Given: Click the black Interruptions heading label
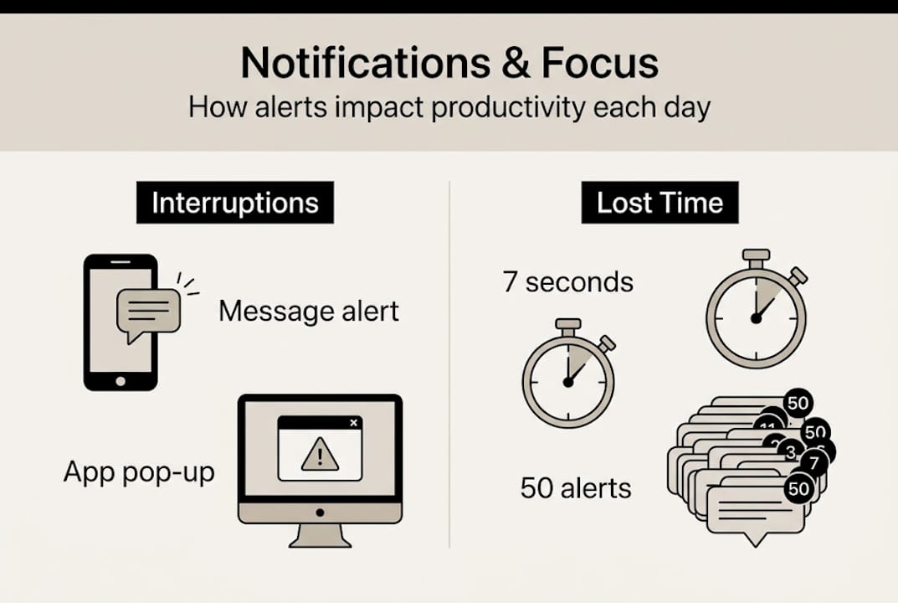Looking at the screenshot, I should click(x=235, y=204).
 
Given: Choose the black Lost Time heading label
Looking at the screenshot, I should click(x=659, y=204).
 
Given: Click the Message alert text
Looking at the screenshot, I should click(x=309, y=312).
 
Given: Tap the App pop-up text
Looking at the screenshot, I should click(x=139, y=472).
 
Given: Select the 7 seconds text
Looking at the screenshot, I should click(x=568, y=281).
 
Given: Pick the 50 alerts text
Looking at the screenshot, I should click(x=576, y=487).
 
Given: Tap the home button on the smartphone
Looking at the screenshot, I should click(x=121, y=380).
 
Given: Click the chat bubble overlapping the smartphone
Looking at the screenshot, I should click(x=149, y=312).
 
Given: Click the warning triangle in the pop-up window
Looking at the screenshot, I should click(x=320, y=456).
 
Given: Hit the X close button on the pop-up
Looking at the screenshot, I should click(x=353, y=423).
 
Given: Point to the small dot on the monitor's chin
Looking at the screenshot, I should click(x=320, y=512).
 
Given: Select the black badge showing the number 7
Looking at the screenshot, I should click(x=811, y=462).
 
